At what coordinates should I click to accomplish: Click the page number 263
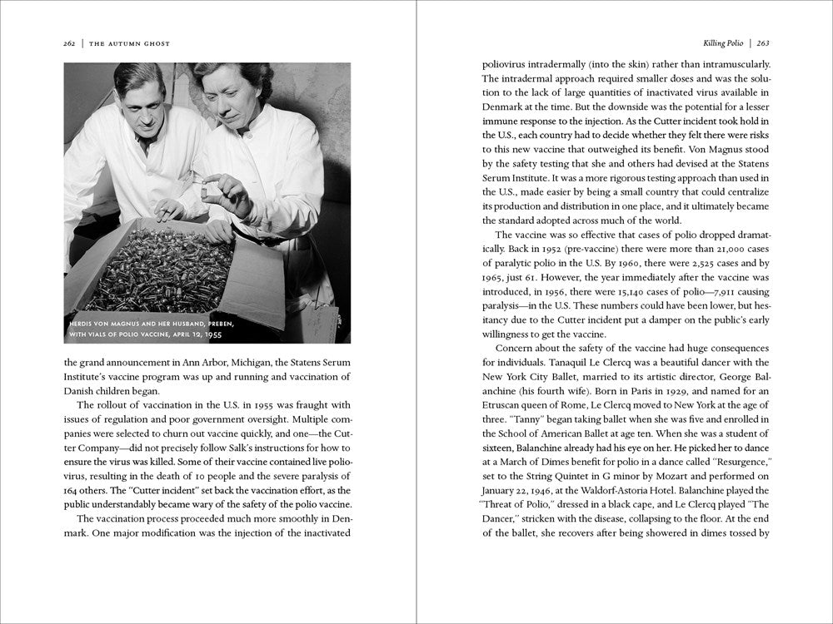(762, 43)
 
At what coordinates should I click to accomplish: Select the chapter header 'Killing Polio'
(713, 43)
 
